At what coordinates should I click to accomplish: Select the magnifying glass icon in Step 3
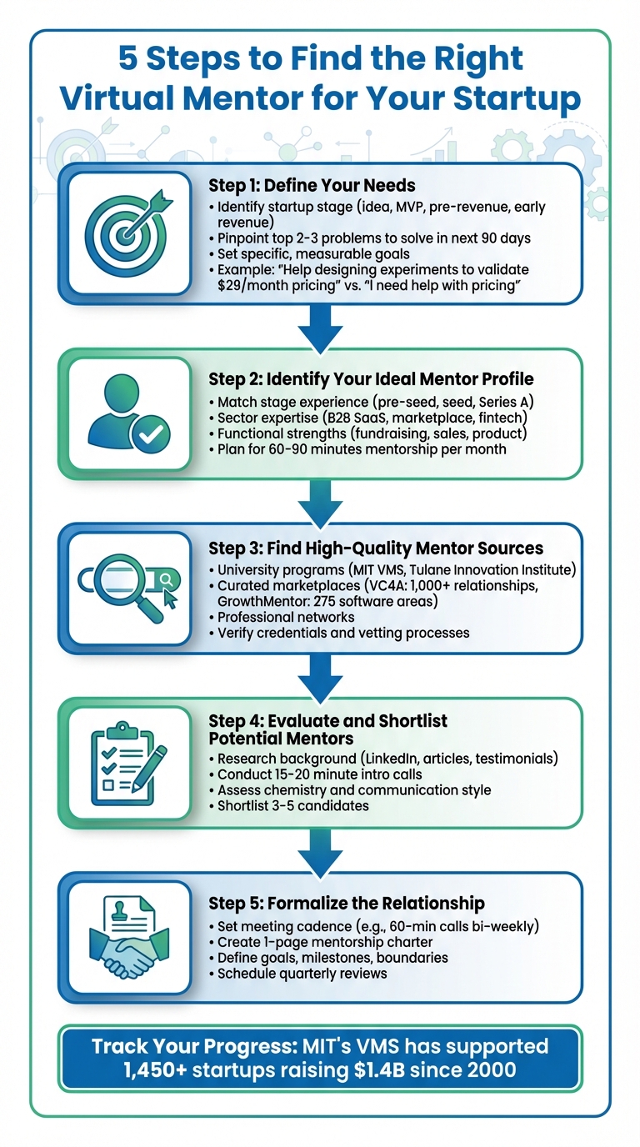click(125, 589)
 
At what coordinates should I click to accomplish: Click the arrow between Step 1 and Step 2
click(320, 326)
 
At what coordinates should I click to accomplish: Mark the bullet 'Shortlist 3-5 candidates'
click(295, 805)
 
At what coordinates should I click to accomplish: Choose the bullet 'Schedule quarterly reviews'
click(302, 974)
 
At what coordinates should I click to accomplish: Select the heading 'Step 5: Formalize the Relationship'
click(347, 904)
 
